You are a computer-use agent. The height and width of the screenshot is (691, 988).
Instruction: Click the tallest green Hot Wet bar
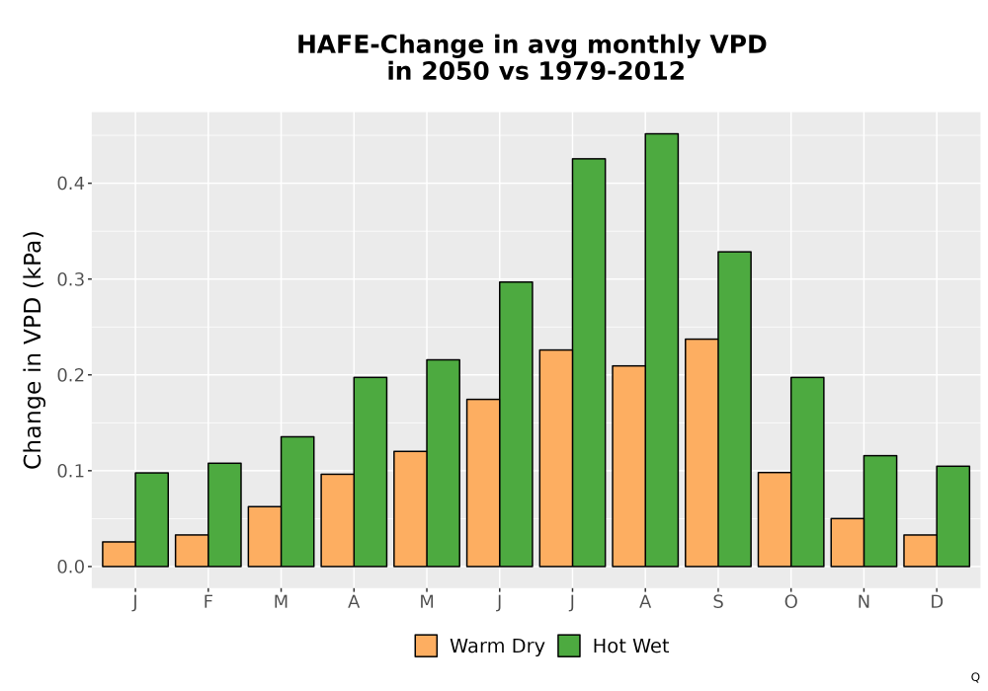point(662,349)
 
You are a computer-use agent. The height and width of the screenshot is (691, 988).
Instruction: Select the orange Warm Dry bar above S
point(701,452)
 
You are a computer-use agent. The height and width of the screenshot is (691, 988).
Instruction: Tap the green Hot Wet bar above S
point(735,409)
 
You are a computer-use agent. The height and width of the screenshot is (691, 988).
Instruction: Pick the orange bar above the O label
point(775,519)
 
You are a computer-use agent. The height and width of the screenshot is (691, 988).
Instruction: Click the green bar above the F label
point(224,514)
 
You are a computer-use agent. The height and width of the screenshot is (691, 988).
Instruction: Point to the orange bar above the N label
point(848,543)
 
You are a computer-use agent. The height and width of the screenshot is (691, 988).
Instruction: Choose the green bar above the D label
point(953,516)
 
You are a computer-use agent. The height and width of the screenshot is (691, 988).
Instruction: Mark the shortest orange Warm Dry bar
point(119,554)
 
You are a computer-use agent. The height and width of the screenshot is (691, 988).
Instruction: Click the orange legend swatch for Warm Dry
point(426,646)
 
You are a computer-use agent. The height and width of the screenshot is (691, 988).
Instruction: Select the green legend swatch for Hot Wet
point(569,646)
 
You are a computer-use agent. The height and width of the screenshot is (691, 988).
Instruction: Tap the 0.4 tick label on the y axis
point(70,184)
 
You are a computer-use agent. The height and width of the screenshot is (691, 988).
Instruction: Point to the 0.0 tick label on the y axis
point(70,567)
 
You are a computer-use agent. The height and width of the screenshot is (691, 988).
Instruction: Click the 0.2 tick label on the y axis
point(70,375)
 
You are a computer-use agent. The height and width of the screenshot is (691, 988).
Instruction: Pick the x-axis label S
point(718,602)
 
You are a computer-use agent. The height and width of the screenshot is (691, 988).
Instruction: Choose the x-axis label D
point(937,602)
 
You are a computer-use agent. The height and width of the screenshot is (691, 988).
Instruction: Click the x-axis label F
point(207,602)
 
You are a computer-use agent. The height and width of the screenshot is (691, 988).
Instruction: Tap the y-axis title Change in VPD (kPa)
point(33,349)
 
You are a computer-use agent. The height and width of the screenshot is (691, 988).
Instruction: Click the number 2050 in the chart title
point(454,71)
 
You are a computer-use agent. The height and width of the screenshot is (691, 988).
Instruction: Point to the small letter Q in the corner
point(975,677)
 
